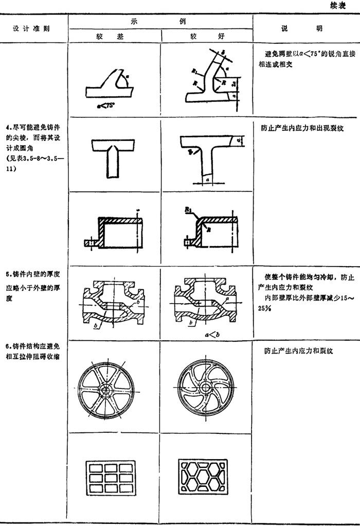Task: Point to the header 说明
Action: point(305,29)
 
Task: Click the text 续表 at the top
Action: point(345,6)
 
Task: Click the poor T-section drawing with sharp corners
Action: point(114,155)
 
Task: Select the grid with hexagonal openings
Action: point(206,478)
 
